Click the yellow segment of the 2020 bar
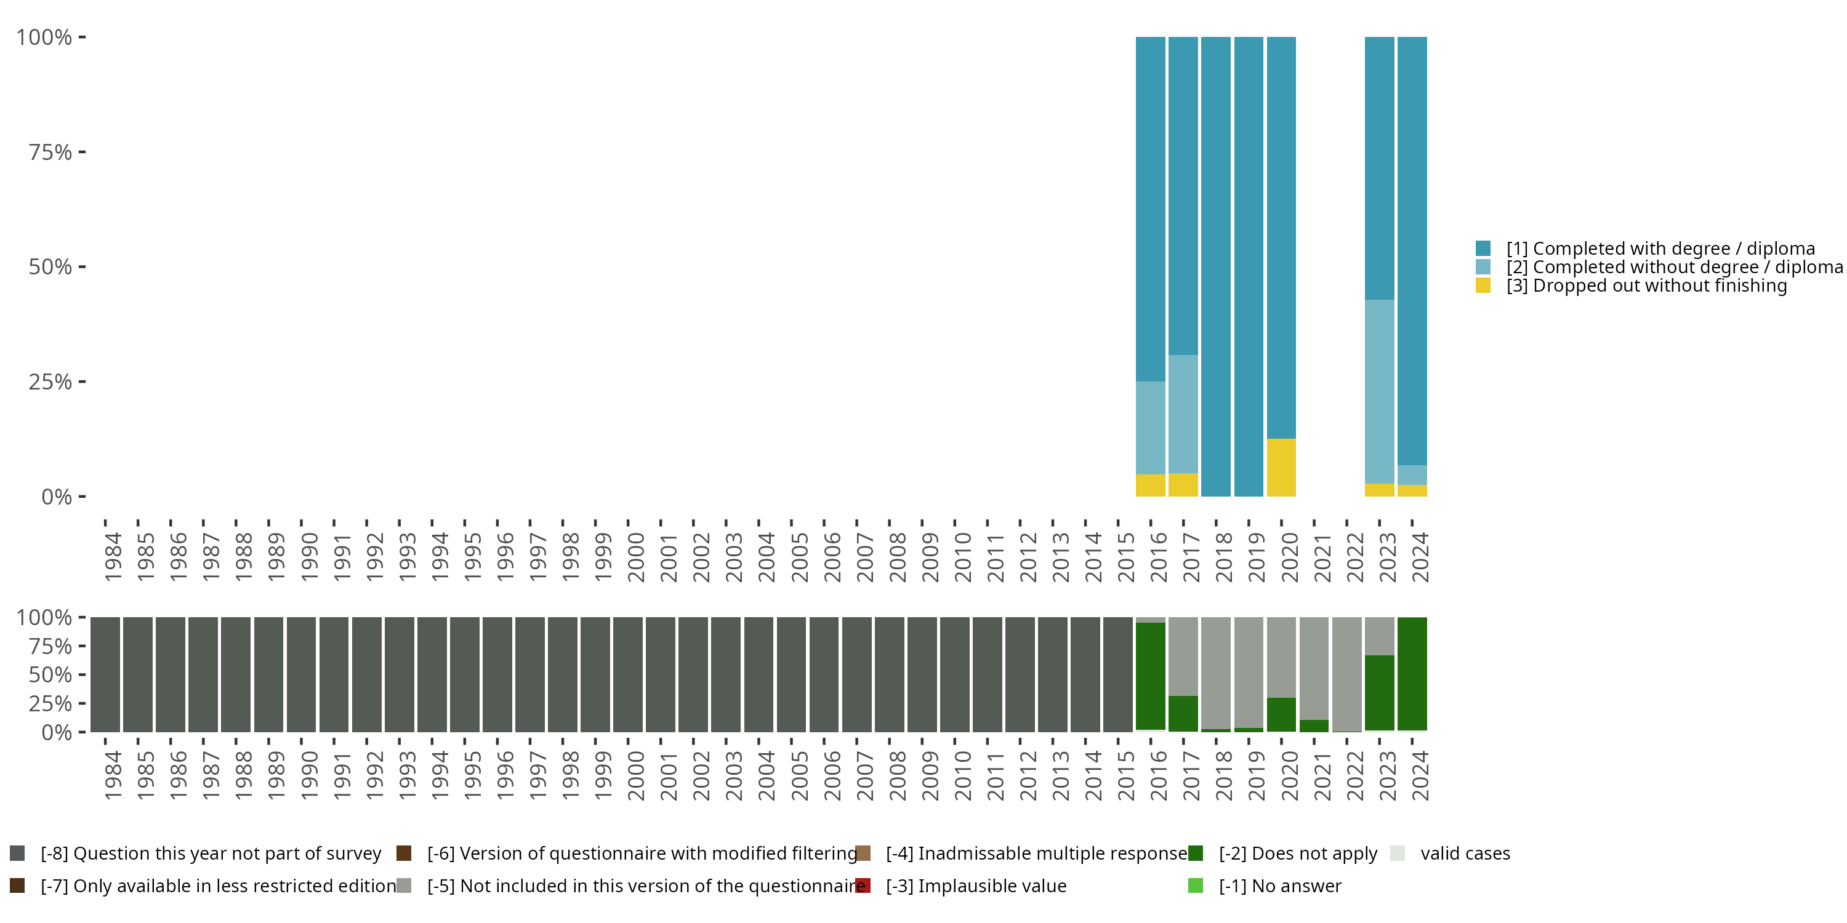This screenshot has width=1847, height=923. tap(1281, 467)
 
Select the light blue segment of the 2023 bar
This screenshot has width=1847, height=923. tap(1379, 391)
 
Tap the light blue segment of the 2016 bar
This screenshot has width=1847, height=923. tap(1150, 428)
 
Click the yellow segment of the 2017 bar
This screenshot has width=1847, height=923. tap(1183, 484)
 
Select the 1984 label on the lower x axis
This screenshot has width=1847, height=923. tap(113, 776)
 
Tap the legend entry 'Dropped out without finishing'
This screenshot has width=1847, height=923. tap(1646, 286)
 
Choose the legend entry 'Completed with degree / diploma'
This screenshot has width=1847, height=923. tap(1660, 248)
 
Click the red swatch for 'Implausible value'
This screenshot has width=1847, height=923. tap(863, 885)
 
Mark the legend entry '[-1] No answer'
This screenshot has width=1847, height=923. tap(1280, 885)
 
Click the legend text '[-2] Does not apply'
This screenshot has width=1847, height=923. tap(1298, 853)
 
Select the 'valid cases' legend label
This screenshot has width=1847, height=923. tap(1465, 853)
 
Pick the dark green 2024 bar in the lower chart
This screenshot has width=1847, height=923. tap(1412, 674)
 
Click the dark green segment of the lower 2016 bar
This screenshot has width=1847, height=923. tap(1150, 676)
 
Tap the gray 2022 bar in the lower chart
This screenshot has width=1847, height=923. tap(1346, 674)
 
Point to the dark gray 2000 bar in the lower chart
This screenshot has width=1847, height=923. tap(628, 674)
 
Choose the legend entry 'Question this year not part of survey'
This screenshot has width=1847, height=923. tap(211, 853)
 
